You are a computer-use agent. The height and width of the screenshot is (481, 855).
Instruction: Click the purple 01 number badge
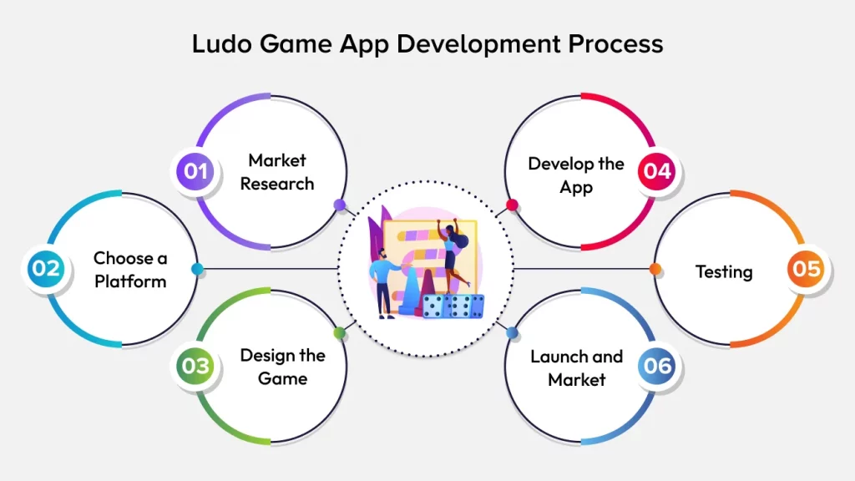[195, 171]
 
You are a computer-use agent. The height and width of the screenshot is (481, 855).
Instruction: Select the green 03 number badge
[195, 366]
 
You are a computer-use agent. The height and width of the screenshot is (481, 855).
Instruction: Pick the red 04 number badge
[657, 171]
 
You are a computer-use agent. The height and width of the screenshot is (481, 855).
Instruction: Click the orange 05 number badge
[807, 269]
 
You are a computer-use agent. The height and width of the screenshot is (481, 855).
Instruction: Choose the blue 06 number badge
[657, 366]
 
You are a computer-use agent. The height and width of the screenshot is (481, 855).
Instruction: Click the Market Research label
[277, 172]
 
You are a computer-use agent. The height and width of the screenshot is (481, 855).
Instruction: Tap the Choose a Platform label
[130, 270]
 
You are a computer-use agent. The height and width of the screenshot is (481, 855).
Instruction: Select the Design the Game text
[282, 367]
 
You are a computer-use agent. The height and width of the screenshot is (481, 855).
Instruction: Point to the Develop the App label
[576, 175]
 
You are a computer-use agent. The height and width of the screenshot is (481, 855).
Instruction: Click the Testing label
[724, 271]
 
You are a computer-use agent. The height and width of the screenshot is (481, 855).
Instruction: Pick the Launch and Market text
[576, 367]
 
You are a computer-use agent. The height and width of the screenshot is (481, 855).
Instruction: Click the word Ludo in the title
[220, 43]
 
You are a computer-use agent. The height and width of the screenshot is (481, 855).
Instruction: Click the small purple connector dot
[339, 205]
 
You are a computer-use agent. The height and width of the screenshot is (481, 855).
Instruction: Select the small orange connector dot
[655, 269]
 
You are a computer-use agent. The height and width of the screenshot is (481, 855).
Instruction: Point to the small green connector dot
[339, 333]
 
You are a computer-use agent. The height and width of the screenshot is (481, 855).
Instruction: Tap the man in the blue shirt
[385, 280]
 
